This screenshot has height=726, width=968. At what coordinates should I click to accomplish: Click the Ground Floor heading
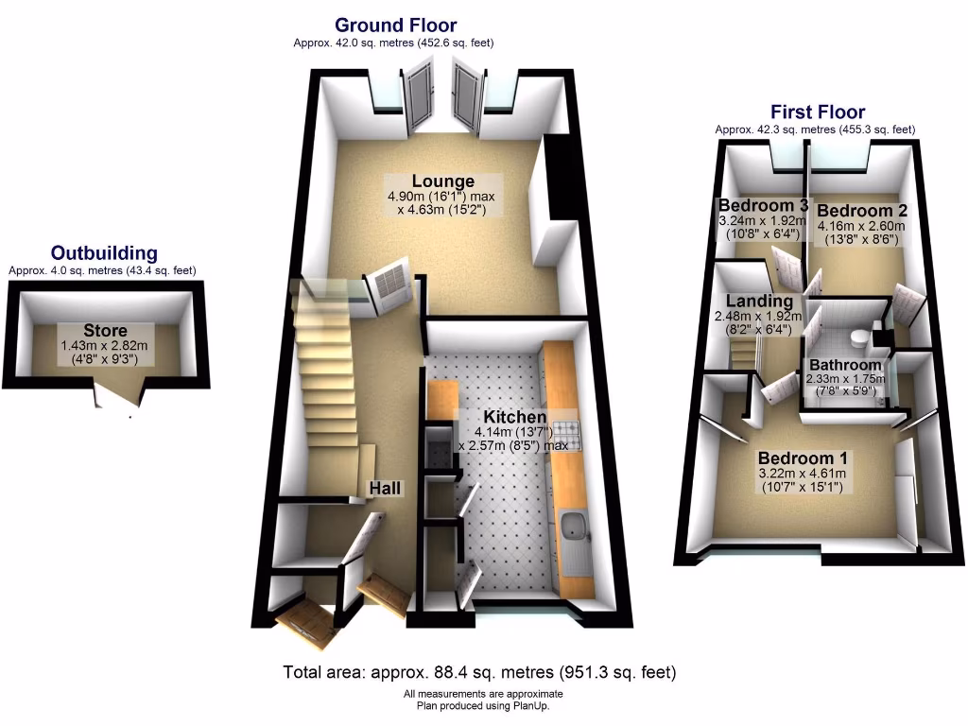[x=395, y=26]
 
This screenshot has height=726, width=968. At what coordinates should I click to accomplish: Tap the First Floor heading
[x=817, y=112]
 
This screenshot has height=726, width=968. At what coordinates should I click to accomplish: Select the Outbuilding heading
[x=104, y=253]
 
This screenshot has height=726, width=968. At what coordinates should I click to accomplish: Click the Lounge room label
[x=442, y=181]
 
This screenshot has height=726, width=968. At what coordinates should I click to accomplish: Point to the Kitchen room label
[x=514, y=417]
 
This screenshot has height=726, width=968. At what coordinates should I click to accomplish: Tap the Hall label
[x=385, y=488]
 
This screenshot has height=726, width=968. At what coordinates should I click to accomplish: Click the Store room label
[x=105, y=330]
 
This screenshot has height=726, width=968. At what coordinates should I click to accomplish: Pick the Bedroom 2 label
[x=855, y=211]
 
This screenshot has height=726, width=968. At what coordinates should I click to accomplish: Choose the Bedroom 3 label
[x=762, y=206]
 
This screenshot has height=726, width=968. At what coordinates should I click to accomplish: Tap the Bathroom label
[x=844, y=365]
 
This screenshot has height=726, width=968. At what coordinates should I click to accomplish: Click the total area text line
[x=480, y=673]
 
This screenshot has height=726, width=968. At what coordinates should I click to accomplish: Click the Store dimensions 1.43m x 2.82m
[x=105, y=346]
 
